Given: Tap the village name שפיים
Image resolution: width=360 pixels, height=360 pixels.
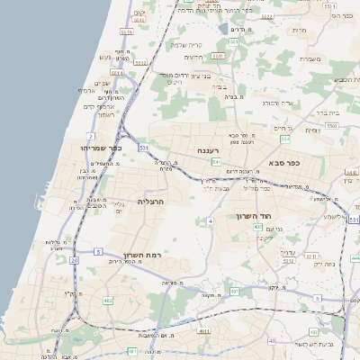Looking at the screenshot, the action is click(x=101, y=84).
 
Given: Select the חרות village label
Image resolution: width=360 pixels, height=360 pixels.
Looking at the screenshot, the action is click(x=325, y=31).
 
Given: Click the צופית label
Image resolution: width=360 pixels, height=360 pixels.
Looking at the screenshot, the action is click(x=312, y=129).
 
